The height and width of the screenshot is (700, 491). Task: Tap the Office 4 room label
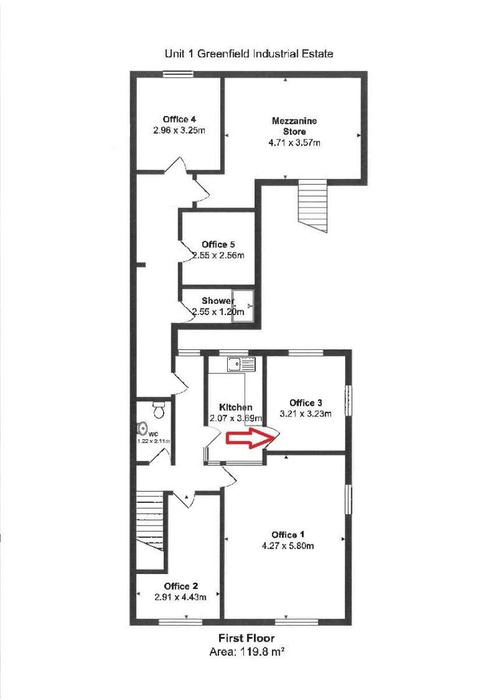(x=179, y=120)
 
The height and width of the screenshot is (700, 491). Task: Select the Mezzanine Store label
(x=294, y=126)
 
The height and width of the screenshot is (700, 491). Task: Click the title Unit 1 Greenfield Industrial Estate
(x=249, y=54)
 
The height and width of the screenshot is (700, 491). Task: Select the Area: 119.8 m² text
(x=246, y=652)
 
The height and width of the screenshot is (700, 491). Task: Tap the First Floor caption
(x=246, y=638)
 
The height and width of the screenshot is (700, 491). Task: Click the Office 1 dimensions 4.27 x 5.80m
(x=288, y=546)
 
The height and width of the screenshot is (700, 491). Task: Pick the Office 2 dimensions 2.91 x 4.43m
(x=181, y=597)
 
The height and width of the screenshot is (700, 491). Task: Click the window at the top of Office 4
(x=178, y=73)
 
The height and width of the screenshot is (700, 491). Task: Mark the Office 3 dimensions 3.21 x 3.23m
(x=306, y=414)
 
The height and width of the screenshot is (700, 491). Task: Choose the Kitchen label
(x=236, y=407)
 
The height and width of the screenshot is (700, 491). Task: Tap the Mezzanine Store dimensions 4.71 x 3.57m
(x=294, y=142)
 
